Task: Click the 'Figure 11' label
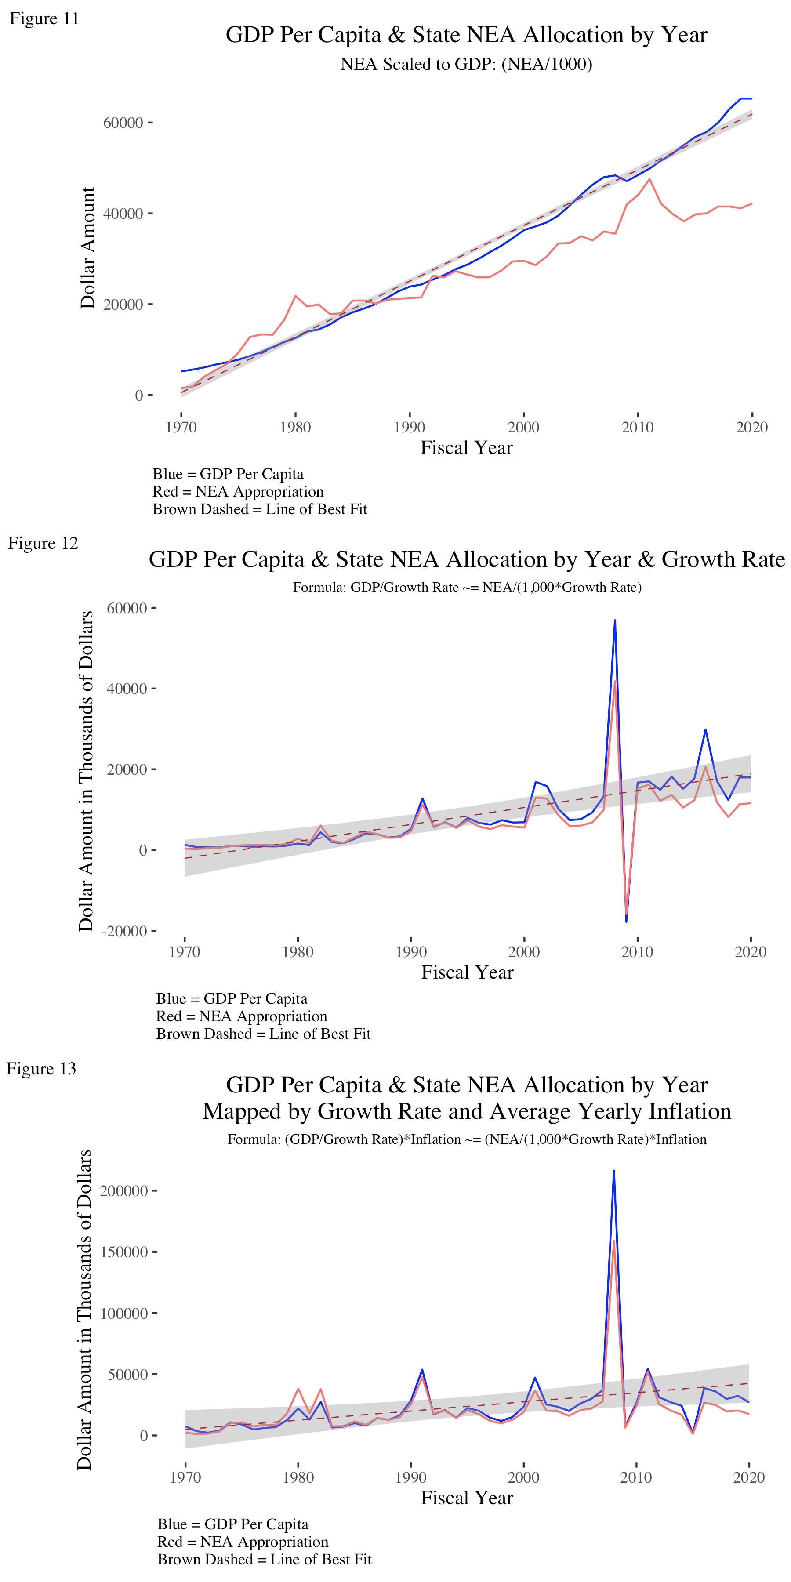coord(44,18)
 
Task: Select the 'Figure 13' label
coord(41,1069)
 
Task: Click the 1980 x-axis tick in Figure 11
coord(295,427)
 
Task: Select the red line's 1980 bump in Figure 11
coord(295,296)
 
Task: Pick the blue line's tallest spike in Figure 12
coord(615,621)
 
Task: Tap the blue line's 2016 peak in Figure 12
coord(706,729)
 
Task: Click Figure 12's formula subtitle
coord(467,587)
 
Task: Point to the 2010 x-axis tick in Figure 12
coord(637,952)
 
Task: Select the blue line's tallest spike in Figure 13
coord(613,1171)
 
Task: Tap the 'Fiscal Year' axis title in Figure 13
coord(467,1498)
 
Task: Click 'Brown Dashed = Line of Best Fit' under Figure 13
coord(264,1559)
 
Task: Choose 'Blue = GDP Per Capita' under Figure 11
coord(228,474)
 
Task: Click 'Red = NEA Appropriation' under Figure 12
coord(241,1016)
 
